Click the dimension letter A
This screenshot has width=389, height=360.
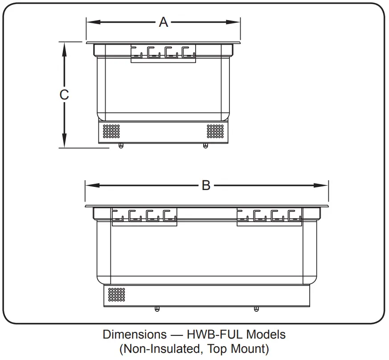(x=164, y=22)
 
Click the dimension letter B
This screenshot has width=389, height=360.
(x=206, y=185)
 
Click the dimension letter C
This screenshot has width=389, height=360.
(x=64, y=95)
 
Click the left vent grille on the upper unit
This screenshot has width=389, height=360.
(x=111, y=131)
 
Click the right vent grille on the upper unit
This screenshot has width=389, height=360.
(x=215, y=131)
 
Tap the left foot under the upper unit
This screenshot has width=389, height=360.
(x=120, y=146)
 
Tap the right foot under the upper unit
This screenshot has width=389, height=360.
(x=205, y=146)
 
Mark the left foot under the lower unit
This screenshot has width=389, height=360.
(x=156, y=309)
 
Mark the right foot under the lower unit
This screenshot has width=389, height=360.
(x=256, y=309)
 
